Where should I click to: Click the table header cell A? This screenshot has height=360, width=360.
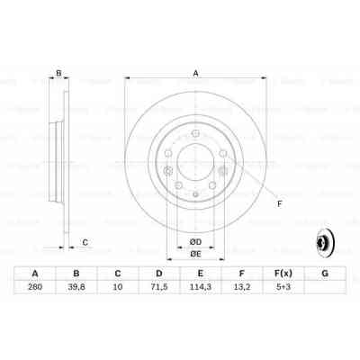35,274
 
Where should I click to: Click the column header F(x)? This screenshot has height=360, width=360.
283,274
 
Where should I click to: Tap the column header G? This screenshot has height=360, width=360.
324,274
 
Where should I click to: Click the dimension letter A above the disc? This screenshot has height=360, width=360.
195,74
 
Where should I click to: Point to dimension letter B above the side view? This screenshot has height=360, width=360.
58,74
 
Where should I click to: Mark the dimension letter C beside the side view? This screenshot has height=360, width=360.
85,241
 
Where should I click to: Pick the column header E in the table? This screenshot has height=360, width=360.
201,274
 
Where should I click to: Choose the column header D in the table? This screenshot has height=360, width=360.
159,274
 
